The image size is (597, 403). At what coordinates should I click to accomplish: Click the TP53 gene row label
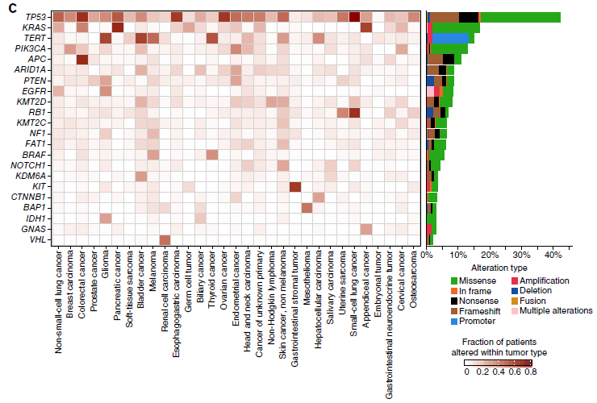[x=34, y=17]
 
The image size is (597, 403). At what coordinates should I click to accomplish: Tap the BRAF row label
[x=35, y=154]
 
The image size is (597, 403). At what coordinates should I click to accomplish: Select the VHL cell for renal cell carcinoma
[x=165, y=239]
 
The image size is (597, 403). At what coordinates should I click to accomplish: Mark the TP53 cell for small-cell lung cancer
[x=353, y=17]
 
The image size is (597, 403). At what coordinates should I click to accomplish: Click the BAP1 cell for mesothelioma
[x=307, y=208]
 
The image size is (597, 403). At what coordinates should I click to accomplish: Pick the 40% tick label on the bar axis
[x=553, y=256]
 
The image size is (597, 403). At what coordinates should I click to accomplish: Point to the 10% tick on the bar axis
[x=458, y=256]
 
